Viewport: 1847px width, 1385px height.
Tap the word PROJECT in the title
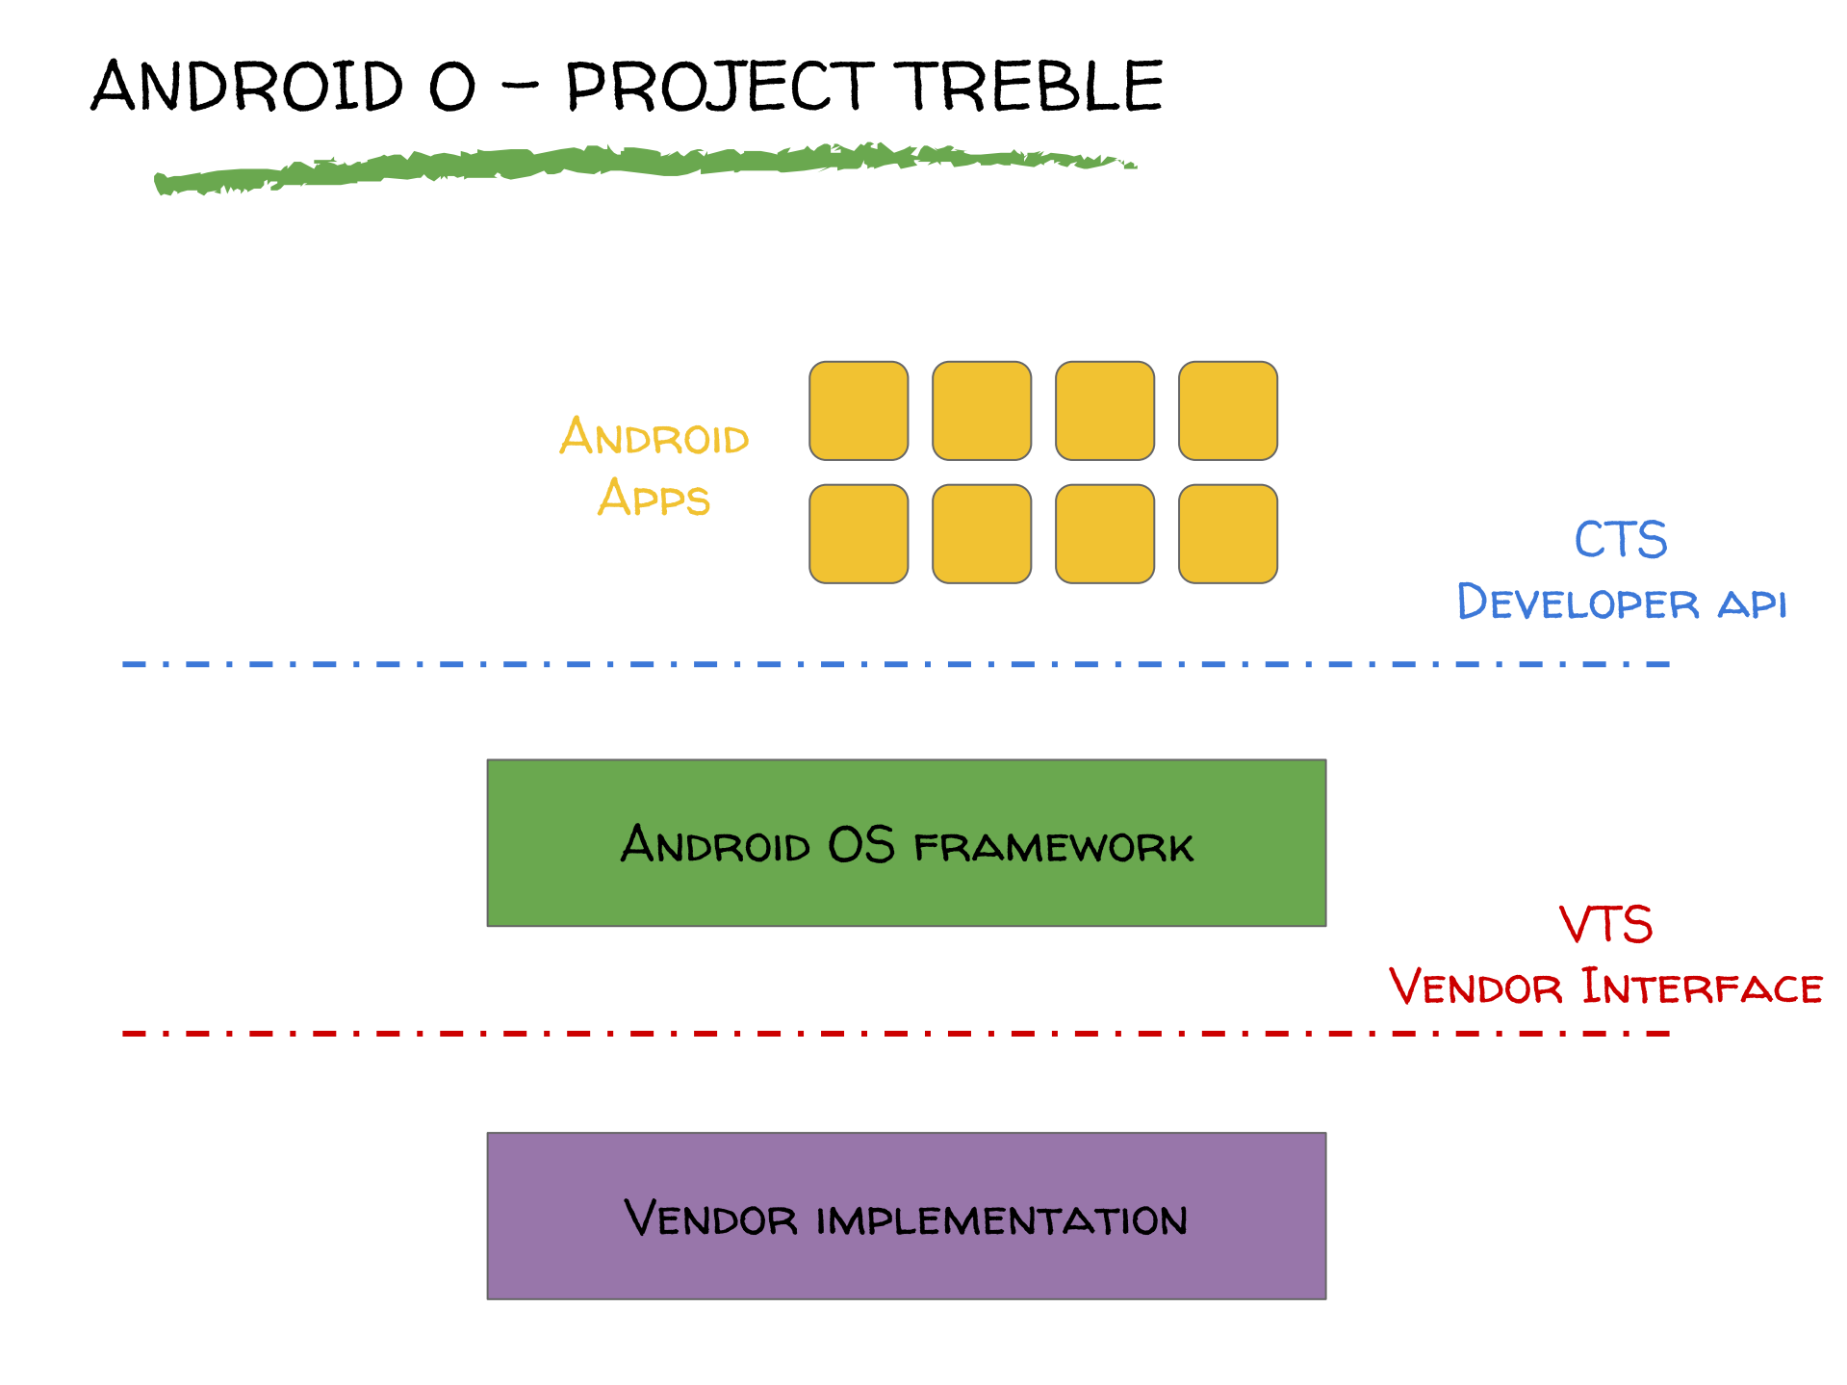click(719, 87)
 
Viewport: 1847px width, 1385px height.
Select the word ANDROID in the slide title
click(247, 86)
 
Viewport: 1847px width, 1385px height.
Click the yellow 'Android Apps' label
click(654, 468)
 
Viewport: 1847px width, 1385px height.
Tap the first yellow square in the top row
click(859, 411)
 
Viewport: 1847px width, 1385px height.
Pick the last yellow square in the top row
click(1228, 411)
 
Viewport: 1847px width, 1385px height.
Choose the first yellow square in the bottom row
click(859, 534)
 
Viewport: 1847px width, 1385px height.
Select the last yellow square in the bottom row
click(1228, 534)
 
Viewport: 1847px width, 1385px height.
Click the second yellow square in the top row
click(982, 411)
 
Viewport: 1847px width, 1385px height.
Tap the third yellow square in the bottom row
click(1105, 534)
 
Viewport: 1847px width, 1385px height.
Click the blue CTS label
click(1621, 539)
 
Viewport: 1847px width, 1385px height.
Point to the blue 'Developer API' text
click(1622, 603)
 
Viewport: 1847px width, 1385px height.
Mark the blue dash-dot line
click(895, 664)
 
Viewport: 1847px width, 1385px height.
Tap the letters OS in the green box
click(861, 845)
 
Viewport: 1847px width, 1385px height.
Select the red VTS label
click(1606, 924)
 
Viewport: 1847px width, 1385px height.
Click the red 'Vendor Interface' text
click(1605, 987)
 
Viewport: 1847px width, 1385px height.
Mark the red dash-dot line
click(895, 1034)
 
